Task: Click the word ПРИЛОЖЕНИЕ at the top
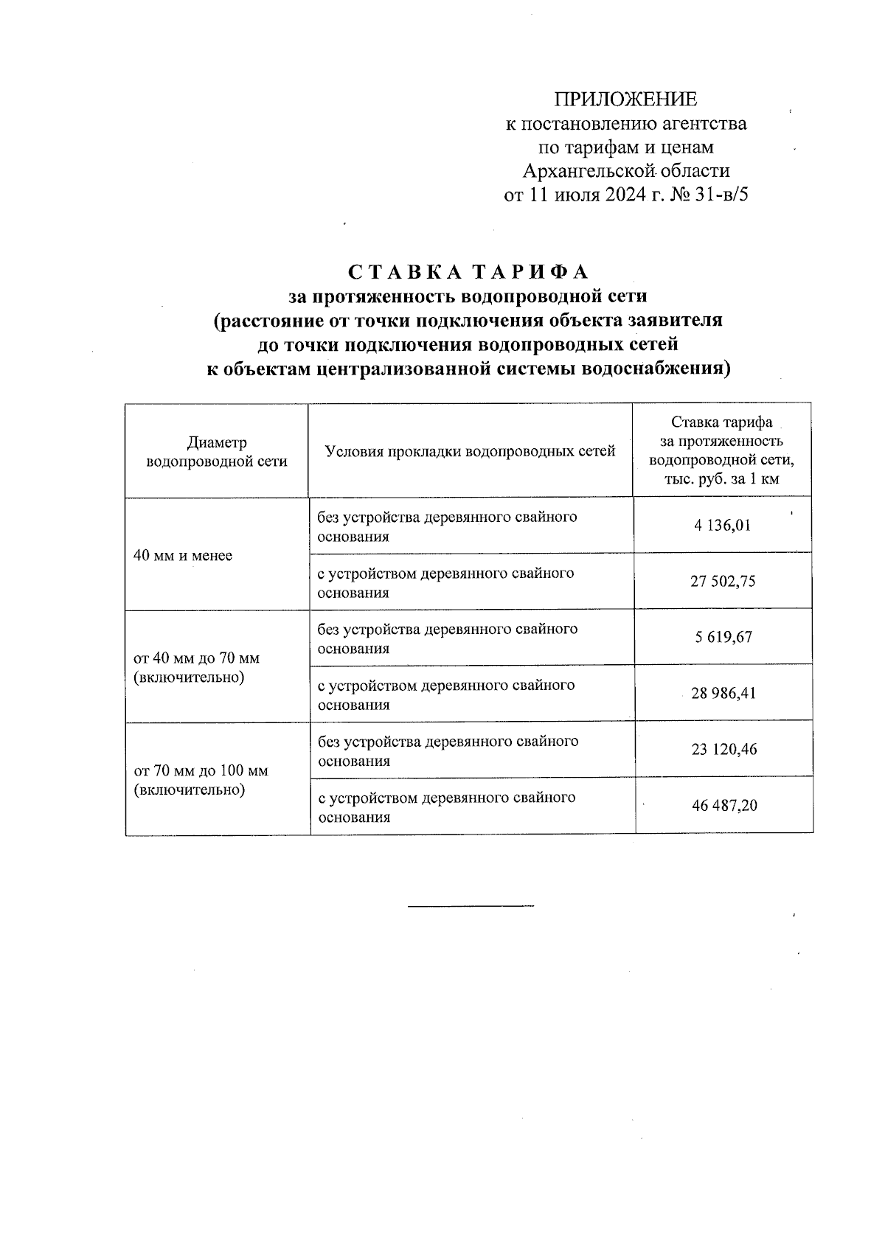625,100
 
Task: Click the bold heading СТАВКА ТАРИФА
468,272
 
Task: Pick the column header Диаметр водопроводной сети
217,452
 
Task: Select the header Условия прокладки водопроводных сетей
470,451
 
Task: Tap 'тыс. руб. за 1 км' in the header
722,480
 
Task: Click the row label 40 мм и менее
183,555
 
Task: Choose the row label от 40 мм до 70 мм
196,658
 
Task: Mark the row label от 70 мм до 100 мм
201,770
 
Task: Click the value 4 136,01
722,526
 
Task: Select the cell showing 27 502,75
722,582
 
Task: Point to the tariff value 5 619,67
722,637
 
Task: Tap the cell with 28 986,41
722,694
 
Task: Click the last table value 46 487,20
723,806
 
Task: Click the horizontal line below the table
471,905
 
